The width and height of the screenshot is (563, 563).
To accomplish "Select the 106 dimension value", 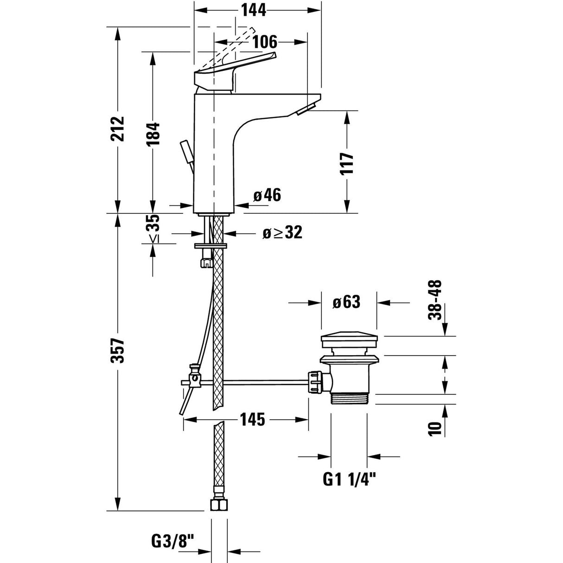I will tap(265, 42).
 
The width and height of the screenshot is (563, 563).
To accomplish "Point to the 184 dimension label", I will tap(153, 134).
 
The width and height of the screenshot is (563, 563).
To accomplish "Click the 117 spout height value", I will tap(347, 163).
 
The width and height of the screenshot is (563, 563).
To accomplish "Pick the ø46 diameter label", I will tap(267, 195).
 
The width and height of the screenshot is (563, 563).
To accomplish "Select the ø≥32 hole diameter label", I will tap(282, 232).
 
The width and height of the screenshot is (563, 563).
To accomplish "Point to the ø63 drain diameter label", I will tap(346, 302).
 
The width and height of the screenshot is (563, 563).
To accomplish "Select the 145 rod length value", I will tap(252, 420).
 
